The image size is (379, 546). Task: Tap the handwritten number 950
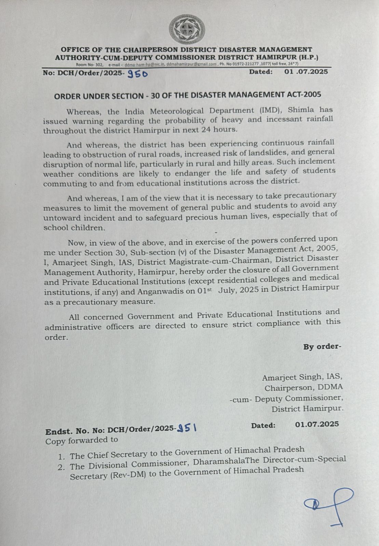137,74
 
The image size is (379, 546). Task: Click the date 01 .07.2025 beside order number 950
306,72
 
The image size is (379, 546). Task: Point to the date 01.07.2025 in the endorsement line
317,424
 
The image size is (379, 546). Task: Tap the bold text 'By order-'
322,347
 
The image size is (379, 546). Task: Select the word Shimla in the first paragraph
301,110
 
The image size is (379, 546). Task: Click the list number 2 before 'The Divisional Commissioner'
61,467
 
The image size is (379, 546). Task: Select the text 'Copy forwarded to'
82,440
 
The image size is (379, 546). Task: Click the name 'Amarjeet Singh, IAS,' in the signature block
302,377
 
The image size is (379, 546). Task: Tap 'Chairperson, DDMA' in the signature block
303,388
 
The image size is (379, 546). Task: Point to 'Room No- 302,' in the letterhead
89,64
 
